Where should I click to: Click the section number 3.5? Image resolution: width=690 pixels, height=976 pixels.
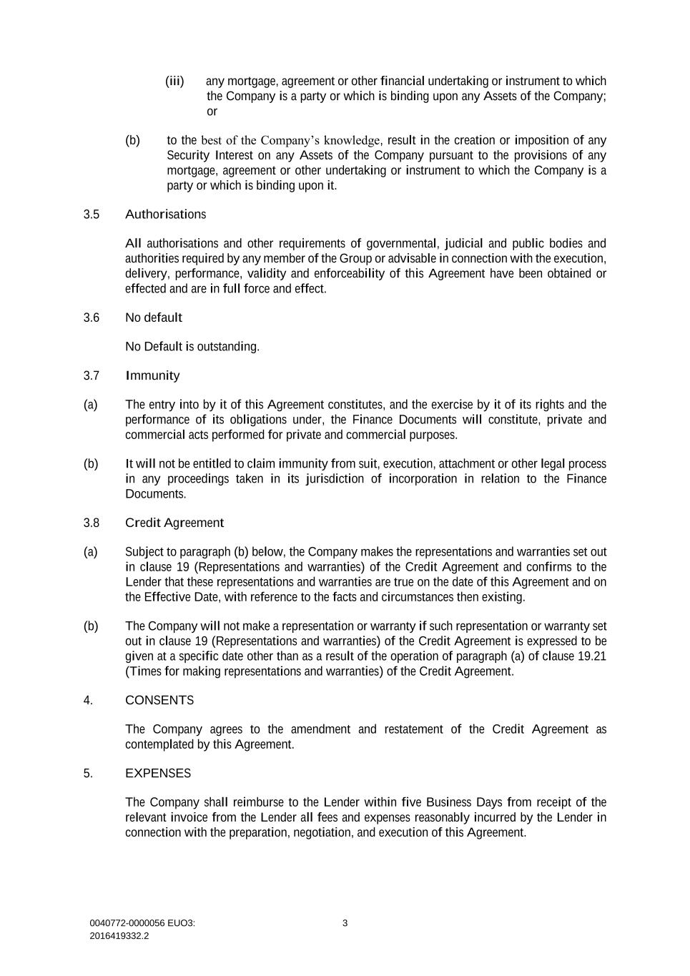tap(91, 215)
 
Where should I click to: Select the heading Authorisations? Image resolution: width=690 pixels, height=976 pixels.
tap(165, 215)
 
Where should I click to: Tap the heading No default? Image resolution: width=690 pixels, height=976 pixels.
tap(153, 317)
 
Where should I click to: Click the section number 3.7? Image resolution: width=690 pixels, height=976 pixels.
tap(91, 376)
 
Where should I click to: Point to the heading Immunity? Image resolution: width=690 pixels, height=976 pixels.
tap(152, 376)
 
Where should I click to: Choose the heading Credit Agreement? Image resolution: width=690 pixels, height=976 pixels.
tap(174, 523)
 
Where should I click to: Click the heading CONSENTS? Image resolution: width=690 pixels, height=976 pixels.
tap(159, 701)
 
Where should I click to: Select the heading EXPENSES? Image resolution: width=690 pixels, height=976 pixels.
tap(157, 774)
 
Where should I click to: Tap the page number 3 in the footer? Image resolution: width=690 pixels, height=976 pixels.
tap(345, 923)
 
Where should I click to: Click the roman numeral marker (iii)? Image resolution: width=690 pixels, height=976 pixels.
tap(174, 82)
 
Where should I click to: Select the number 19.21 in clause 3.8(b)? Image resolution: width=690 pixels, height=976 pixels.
tap(591, 656)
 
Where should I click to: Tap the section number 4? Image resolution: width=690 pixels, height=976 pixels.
tap(88, 701)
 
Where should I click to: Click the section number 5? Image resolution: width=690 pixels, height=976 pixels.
tap(88, 774)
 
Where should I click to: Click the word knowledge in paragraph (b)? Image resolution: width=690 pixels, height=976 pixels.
tap(353, 140)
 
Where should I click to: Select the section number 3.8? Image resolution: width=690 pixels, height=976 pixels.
tap(91, 523)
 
